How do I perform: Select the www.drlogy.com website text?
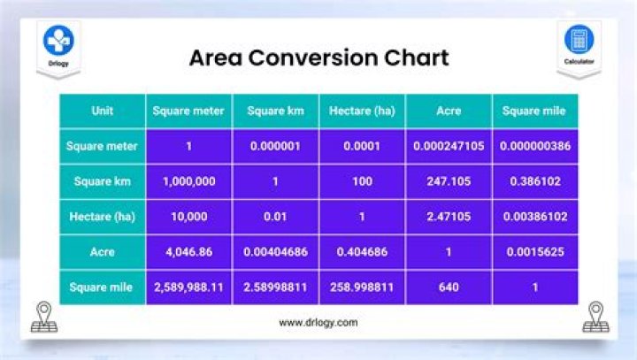click(318, 323)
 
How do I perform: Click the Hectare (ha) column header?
click(361, 111)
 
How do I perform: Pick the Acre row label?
click(102, 252)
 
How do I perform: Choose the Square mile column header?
click(533, 111)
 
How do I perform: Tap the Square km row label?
click(102, 181)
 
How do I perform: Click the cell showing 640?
click(448, 287)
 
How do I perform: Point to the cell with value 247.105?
click(448, 181)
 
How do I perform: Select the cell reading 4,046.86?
click(188, 252)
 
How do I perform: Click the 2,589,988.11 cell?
click(188, 287)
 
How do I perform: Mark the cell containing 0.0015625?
click(533, 252)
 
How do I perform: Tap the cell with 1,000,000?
click(188, 181)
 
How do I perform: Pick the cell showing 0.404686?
click(361, 252)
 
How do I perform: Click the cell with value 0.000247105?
click(448, 146)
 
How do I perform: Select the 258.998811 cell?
click(361, 287)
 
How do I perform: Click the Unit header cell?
click(102, 111)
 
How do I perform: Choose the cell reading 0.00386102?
click(533, 217)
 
